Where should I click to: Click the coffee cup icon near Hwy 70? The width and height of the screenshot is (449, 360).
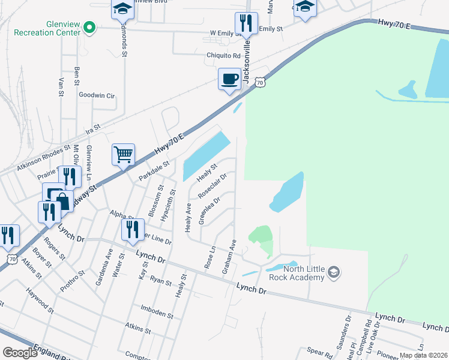pos(230,79)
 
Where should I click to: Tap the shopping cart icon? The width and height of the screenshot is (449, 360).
pos(123,154)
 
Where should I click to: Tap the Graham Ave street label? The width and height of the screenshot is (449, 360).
pos(229,257)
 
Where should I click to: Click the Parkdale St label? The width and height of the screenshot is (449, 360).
pos(154,170)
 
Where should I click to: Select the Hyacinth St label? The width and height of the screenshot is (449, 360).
pos(172,205)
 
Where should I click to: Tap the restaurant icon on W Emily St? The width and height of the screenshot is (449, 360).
pos(246,24)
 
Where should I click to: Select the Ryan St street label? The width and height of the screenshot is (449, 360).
pos(161,281)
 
